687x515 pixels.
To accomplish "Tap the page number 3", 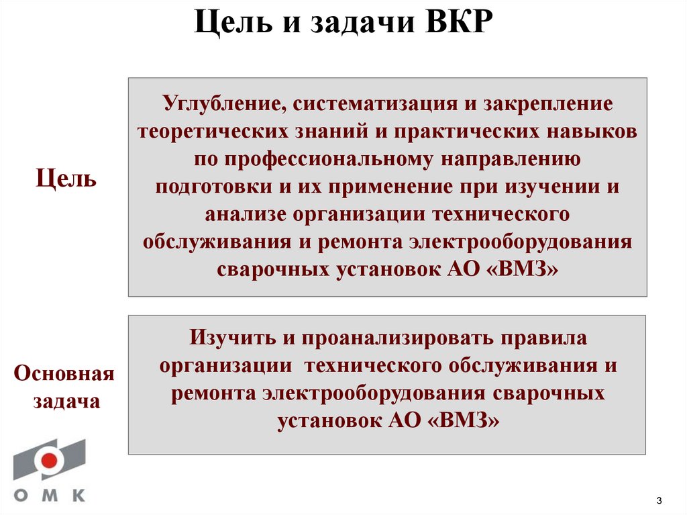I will click(659, 500).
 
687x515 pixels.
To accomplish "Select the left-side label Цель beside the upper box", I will click(66, 179).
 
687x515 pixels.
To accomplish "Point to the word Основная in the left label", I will click(65, 373).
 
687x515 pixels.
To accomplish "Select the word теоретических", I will click(213, 132).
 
